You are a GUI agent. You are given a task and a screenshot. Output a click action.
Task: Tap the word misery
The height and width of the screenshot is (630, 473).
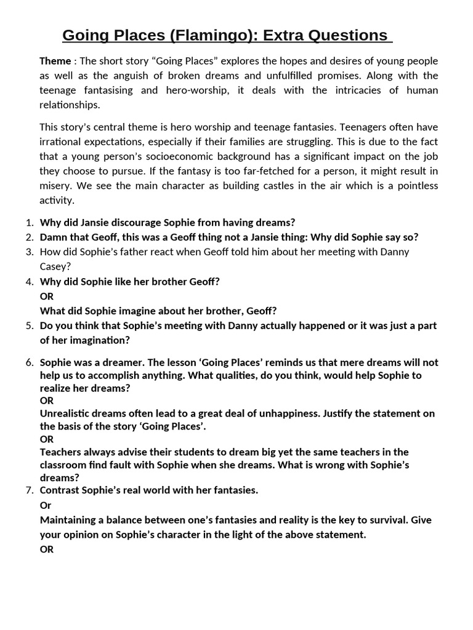pos(55,186)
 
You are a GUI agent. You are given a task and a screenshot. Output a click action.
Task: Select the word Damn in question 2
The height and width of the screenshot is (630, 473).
pos(54,237)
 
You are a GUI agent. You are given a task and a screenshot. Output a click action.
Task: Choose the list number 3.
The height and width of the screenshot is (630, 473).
pos(28,252)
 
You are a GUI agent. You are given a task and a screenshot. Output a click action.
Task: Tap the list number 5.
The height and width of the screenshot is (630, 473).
pos(28,325)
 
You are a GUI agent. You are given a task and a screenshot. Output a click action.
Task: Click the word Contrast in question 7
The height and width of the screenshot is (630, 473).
pos(60,490)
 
